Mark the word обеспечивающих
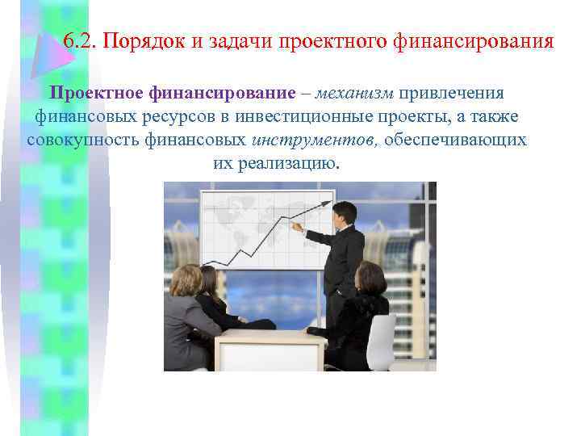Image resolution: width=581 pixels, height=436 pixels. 456,140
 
